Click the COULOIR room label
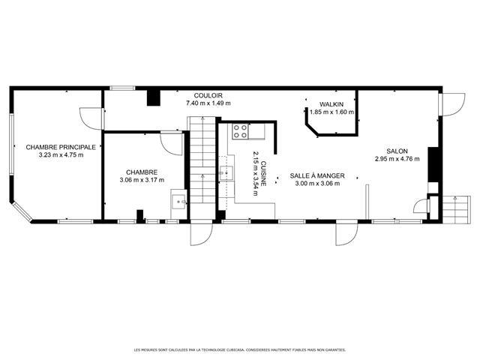click(208, 96)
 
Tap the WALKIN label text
click(331, 104)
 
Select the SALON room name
click(397, 151)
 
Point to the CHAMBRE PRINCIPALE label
click(61, 147)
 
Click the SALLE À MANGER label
click(317, 176)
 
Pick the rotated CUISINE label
click(263, 173)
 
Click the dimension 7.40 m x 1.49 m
click(208, 103)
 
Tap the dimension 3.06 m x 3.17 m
click(142, 180)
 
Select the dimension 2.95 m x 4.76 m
click(397, 159)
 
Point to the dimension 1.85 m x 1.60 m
click(331, 112)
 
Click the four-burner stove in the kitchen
click(240, 131)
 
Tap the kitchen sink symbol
click(226, 173)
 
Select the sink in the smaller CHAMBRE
click(178, 202)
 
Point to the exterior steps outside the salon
click(457, 210)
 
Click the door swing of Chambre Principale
click(91, 118)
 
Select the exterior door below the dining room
click(346, 232)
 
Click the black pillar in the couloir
click(154, 98)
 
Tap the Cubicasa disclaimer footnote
click(240, 350)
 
